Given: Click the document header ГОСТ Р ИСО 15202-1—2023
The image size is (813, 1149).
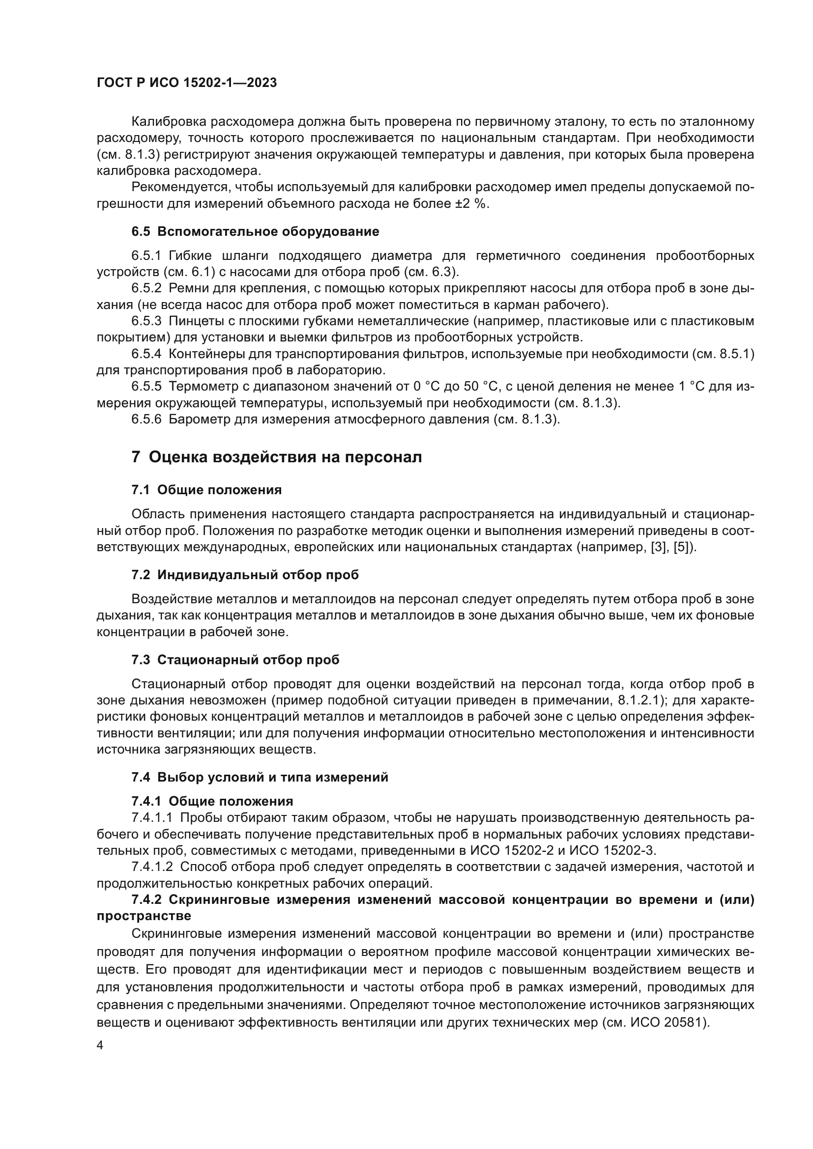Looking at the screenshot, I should click(x=186, y=83).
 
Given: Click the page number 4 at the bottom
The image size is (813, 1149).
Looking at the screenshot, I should click(x=100, y=1045).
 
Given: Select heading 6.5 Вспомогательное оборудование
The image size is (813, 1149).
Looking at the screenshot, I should click(x=255, y=232).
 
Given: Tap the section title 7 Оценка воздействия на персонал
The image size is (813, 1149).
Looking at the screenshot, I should click(x=276, y=457).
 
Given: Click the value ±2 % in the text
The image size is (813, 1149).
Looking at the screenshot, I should click(x=471, y=204).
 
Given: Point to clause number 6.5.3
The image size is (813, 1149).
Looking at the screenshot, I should click(x=146, y=321).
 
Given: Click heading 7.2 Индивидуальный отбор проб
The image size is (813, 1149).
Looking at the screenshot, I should click(x=245, y=575).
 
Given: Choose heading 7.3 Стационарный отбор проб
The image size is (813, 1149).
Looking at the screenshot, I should click(x=235, y=660).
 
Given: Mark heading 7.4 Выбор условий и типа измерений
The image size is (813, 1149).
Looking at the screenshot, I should click(x=260, y=777).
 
